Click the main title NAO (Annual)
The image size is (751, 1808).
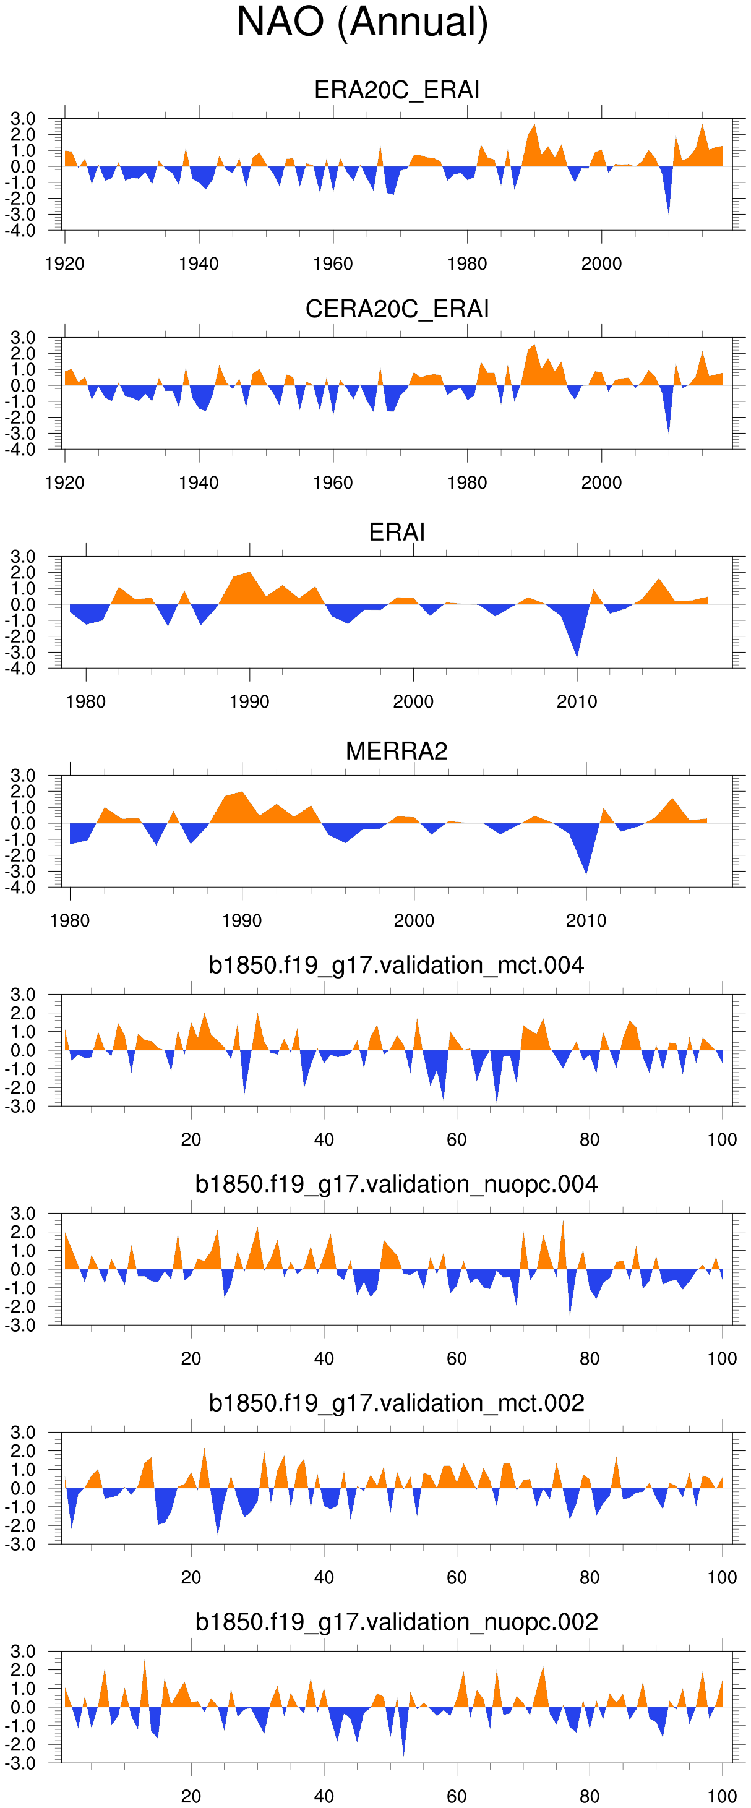[362, 22]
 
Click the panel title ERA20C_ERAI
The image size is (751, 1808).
[397, 90]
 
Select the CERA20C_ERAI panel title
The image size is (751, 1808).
[397, 309]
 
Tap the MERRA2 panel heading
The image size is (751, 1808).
[397, 751]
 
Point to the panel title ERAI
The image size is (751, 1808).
[397, 532]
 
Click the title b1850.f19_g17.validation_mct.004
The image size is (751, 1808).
[397, 965]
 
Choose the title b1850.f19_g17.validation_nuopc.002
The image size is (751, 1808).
[397, 1622]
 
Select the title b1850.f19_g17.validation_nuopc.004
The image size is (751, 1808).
[397, 1184]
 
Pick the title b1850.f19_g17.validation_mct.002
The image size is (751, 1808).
[397, 1403]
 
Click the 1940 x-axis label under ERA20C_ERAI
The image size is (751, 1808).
[199, 264]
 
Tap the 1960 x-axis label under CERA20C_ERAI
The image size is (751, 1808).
[333, 483]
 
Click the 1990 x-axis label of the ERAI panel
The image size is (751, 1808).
[249, 702]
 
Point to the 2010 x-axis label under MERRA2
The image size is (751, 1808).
[586, 921]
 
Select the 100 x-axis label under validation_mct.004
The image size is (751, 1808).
[722, 1140]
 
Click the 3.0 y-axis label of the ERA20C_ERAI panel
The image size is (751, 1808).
[22, 119]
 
